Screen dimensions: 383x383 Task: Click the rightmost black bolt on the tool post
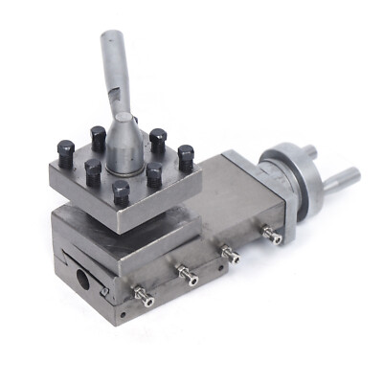[x=186, y=154]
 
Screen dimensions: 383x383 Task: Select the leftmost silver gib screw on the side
[x=144, y=300]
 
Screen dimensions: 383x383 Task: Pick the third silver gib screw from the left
[x=230, y=254]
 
